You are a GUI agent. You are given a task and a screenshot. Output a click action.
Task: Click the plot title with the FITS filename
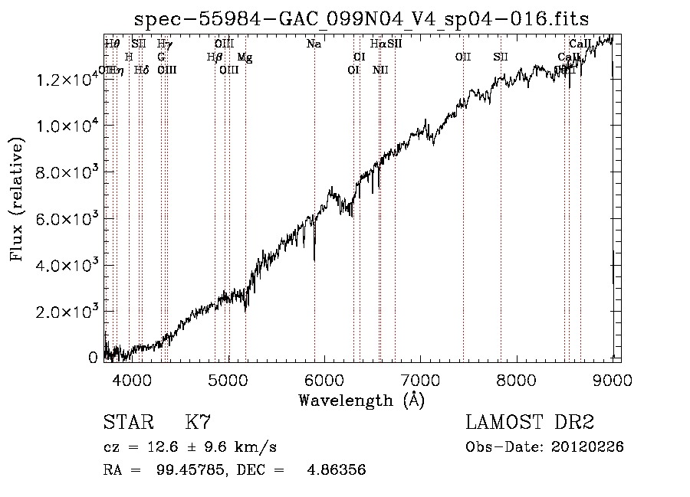tap(362, 19)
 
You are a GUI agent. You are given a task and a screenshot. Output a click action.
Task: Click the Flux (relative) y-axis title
tap(17, 199)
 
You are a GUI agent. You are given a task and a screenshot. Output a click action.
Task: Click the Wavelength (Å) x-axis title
tap(361, 400)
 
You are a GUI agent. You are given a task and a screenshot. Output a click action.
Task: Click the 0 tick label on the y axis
tap(93, 358)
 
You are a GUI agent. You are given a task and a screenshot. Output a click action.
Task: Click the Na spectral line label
tap(314, 44)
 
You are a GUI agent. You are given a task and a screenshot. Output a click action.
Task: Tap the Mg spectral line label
tap(245, 57)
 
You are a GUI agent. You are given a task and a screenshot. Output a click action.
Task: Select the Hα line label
tap(378, 44)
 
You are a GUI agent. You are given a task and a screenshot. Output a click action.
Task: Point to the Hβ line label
tap(215, 57)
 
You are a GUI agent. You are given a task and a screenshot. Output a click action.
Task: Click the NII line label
tap(381, 70)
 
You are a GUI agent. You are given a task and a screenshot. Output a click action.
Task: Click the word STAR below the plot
tap(127, 422)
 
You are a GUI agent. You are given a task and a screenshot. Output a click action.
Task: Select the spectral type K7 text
tap(198, 422)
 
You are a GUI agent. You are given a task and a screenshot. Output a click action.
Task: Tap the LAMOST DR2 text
tap(530, 422)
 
